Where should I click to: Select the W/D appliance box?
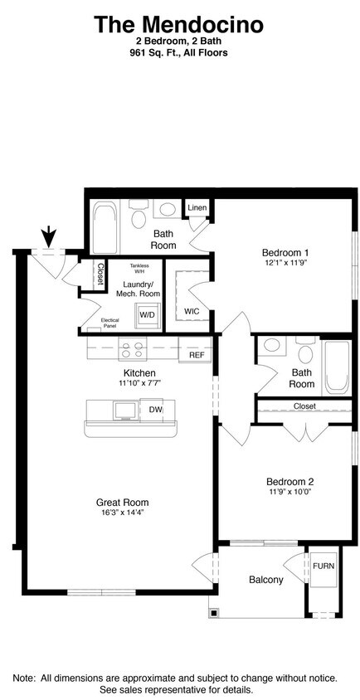coord(148,315)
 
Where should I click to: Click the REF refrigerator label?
coord(197,355)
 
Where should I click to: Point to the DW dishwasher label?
coord(156,409)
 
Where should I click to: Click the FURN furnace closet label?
coord(323,566)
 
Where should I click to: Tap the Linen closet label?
coord(197,207)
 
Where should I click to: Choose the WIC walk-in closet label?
coord(192,312)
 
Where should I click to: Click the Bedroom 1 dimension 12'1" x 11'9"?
coord(285,264)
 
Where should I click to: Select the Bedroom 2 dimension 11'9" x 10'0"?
coord(289,492)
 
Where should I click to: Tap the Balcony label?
coord(266,580)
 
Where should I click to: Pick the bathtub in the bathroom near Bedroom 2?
coord(336,367)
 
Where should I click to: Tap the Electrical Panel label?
coord(109,323)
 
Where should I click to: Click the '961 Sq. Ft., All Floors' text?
coord(179,52)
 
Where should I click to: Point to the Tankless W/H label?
coord(139,268)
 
